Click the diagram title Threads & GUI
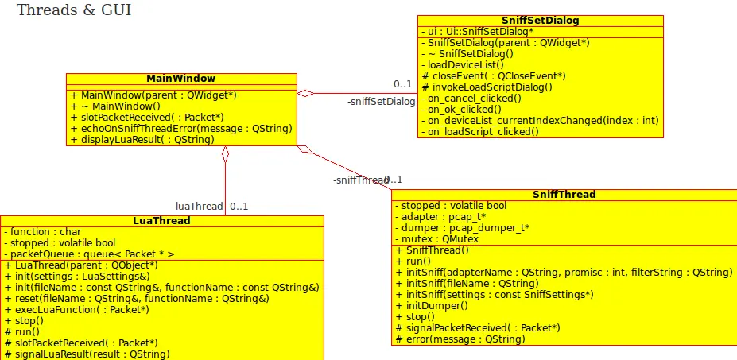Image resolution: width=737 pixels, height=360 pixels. (74, 10)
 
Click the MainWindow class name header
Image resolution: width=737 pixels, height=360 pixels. (180, 79)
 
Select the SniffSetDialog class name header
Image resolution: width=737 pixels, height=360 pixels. (540, 20)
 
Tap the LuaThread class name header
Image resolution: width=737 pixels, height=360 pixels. (161, 220)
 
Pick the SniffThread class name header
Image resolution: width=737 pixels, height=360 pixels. (564, 194)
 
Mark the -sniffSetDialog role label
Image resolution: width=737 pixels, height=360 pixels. (381, 102)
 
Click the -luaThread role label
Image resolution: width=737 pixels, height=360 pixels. (197, 207)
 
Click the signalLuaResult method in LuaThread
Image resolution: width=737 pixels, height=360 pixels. (87, 354)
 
